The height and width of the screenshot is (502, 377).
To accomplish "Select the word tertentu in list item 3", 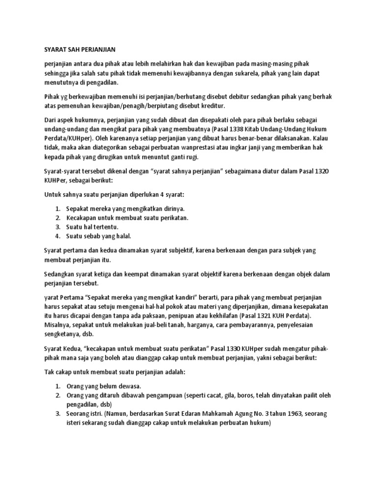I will click(x=104, y=227).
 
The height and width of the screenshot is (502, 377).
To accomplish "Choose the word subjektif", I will click(x=175, y=250).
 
